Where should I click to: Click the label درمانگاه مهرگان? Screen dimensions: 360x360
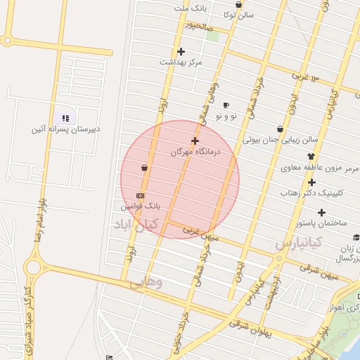coord(196,151)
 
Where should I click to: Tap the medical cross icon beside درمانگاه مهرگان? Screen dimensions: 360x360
coord(195,141)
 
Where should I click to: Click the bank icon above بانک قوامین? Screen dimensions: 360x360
coord(141,195)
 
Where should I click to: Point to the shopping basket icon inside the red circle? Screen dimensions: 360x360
coord(144,168)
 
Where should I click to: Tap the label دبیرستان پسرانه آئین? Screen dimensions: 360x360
coord(66,129)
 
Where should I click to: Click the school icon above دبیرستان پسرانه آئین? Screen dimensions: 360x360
coord(66,118)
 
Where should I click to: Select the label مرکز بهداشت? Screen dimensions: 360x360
coord(181,62)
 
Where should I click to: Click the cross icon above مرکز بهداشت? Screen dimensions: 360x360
coord(181,51)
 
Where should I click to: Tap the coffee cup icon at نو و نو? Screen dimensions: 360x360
coord(225,105)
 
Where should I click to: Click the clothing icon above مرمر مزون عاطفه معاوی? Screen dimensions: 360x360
coord(311,157)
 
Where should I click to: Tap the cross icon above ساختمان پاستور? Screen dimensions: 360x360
coord(321,212)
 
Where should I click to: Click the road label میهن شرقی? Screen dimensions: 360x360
coord(319,271)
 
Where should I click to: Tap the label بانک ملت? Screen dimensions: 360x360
coord(193,8)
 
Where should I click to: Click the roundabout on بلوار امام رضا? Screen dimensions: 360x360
coord(32,266)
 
